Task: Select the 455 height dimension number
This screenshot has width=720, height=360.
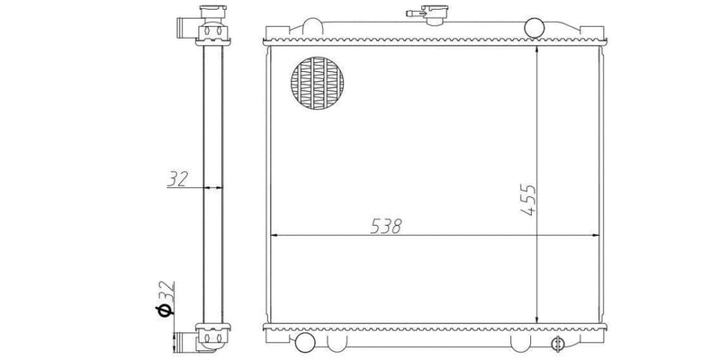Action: tap(528, 199)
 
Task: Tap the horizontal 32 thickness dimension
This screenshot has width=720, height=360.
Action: tap(176, 179)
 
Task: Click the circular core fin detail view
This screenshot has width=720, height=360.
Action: tap(319, 85)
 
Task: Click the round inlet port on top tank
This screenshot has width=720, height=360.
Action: tap(534, 27)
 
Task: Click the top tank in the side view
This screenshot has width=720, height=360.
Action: tap(208, 31)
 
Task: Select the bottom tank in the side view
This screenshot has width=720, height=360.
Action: tap(208, 338)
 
